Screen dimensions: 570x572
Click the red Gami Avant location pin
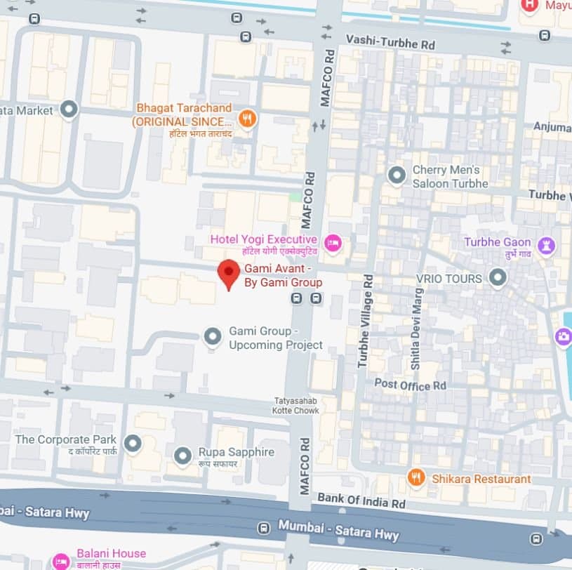[x=228, y=272]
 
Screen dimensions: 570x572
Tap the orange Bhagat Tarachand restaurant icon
[x=246, y=119]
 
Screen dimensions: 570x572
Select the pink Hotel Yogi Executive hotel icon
[x=333, y=244]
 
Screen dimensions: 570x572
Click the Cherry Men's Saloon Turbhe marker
[x=397, y=175]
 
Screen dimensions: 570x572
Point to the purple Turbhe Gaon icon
[x=546, y=246]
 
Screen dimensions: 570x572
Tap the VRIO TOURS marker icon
[x=498, y=279]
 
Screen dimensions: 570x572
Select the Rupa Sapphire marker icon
[x=183, y=457]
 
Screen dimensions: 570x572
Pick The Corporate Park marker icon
[x=132, y=444]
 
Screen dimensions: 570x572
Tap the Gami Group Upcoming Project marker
[x=213, y=338]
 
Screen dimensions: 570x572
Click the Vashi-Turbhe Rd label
[x=390, y=44]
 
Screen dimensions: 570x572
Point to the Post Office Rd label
[x=410, y=385]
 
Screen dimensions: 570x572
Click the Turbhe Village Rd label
[x=364, y=321]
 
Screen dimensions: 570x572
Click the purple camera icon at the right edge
[x=564, y=336]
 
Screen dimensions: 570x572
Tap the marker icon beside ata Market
[x=68, y=109]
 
